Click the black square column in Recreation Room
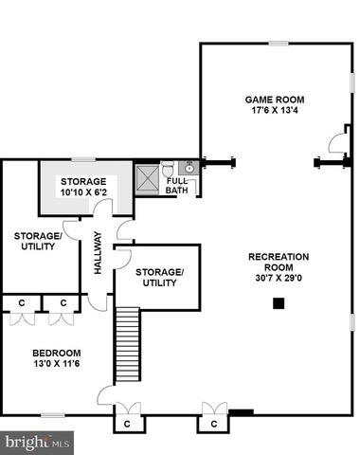[x=279, y=303]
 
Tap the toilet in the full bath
[x=168, y=169]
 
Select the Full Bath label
[x=177, y=185]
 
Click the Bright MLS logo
[x=38, y=441]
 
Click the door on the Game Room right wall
[x=336, y=143]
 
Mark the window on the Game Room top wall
[x=279, y=43]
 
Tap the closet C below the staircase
[x=126, y=422]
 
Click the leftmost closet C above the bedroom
[x=22, y=303]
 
